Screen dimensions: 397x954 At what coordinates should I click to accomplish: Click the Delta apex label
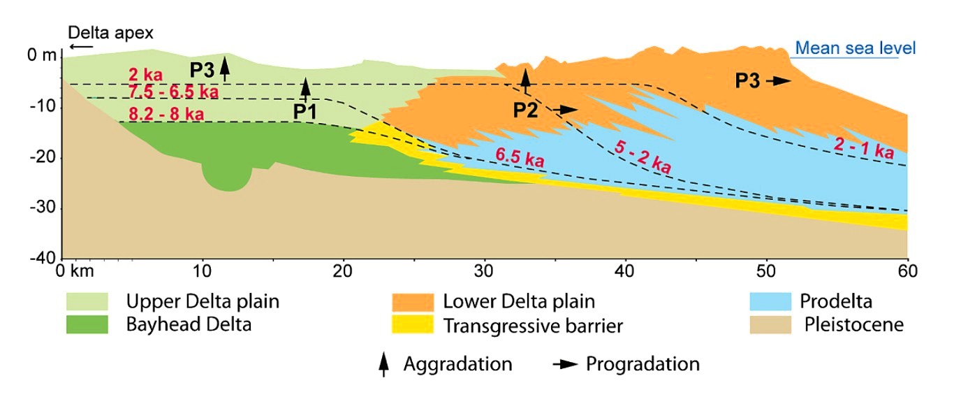[110, 32]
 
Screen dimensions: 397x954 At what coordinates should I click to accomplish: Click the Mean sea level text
[856, 48]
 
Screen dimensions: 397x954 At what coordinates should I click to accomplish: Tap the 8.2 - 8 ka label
[166, 114]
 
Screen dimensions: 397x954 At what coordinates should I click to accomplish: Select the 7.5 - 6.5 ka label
[173, 92]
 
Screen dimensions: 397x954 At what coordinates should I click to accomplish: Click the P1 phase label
[304, 111]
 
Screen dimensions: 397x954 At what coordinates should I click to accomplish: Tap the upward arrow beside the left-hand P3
[224, 67]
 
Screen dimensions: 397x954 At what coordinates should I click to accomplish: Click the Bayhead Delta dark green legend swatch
[87, 324]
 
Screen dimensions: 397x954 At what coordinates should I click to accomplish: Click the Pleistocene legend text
[853, 324]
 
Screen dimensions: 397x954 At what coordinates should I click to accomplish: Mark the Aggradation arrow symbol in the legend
[383, 364]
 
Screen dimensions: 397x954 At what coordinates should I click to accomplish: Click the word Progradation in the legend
[643, 364]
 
